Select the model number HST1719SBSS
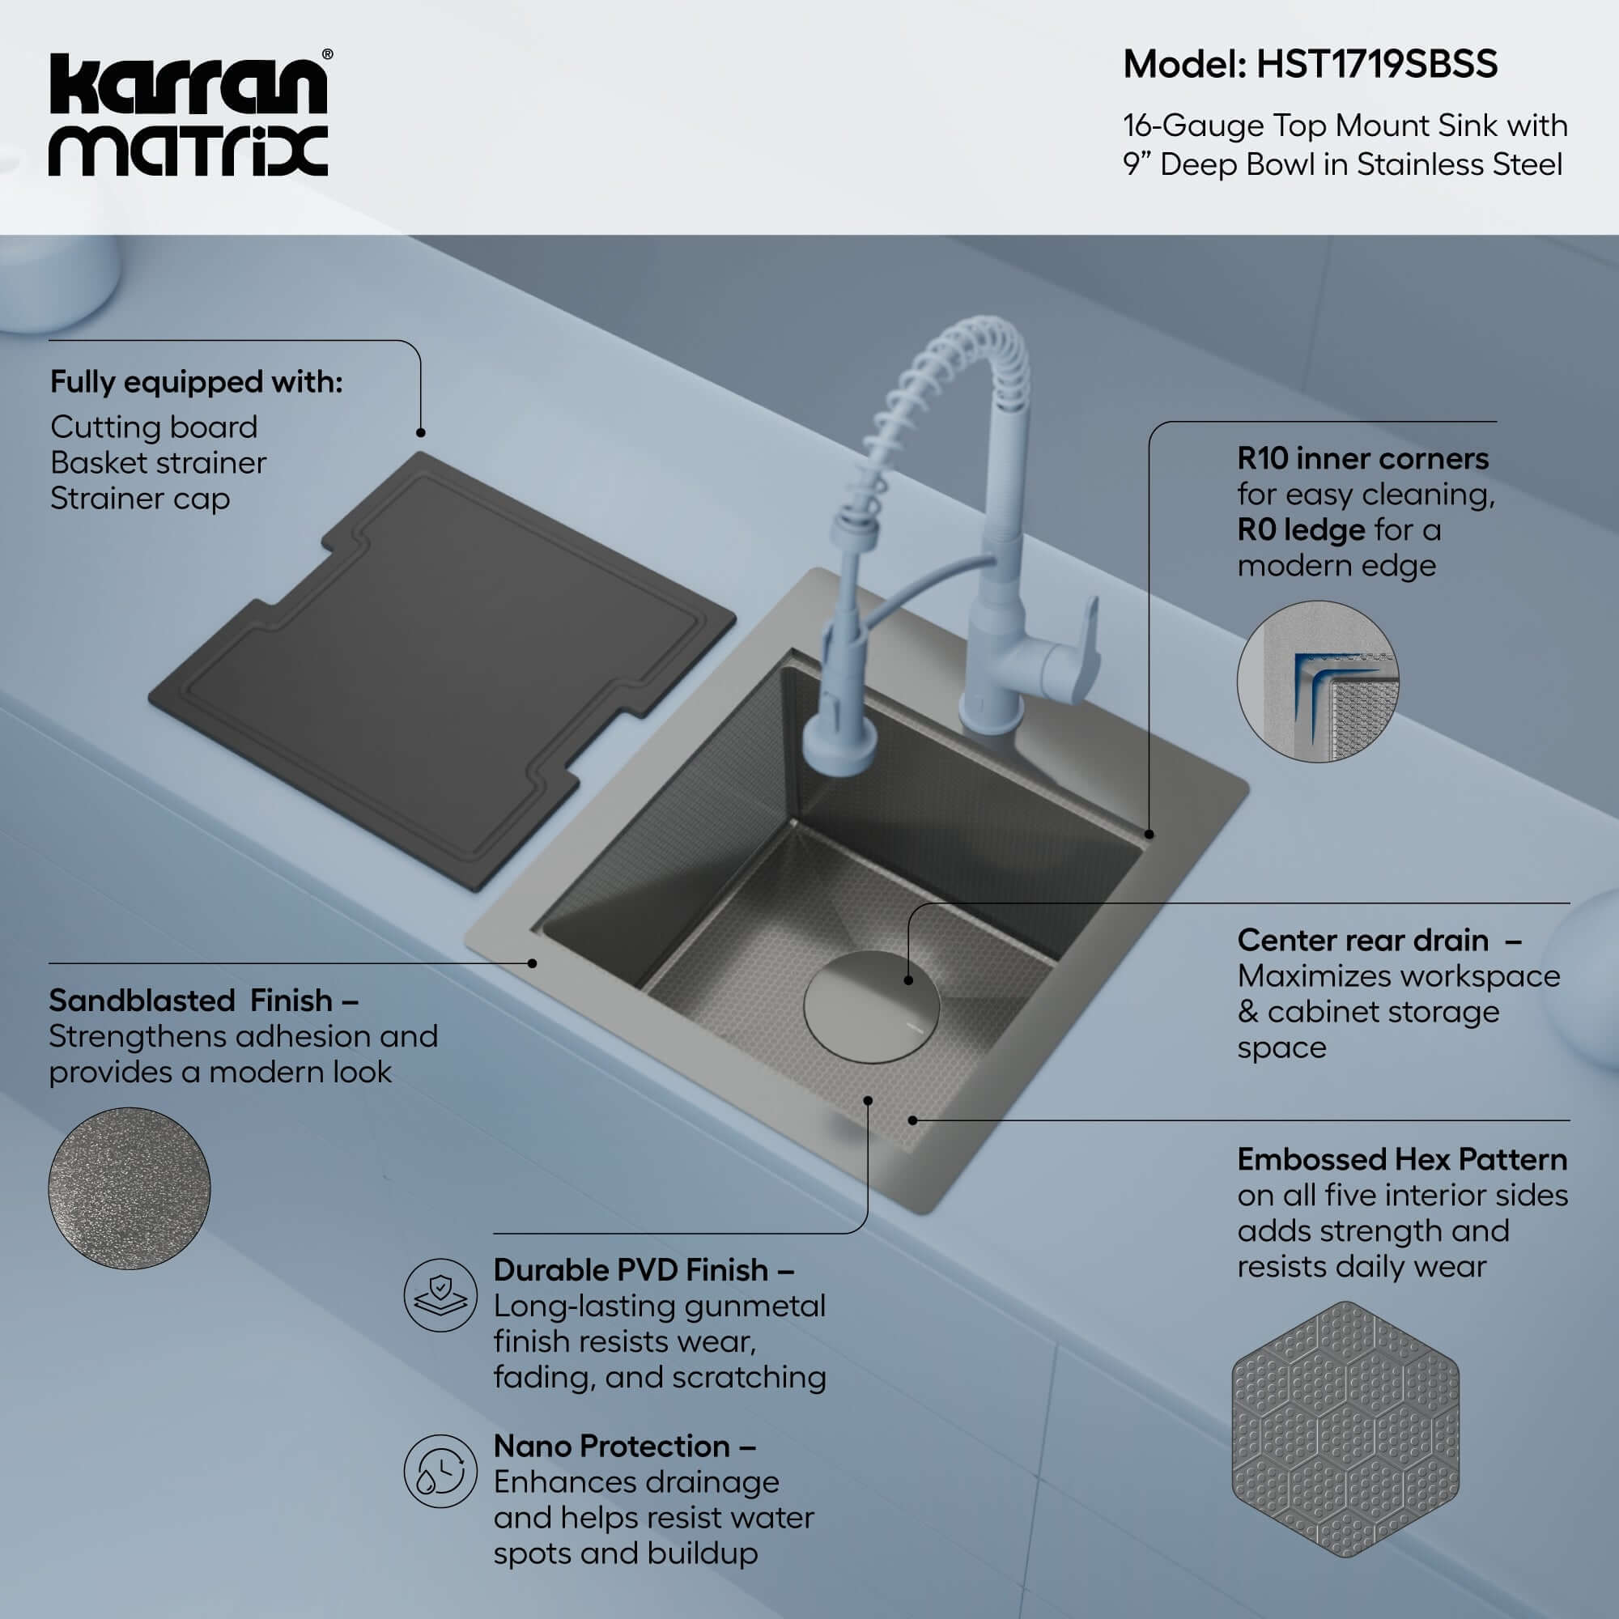point(1376,65)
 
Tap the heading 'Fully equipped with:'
point(196,382)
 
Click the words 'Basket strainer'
point(158,462)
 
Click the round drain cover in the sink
point(872,1006)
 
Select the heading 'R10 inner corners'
point(1362,458)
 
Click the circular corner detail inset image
point(1317,682)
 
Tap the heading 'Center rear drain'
point(1362,940)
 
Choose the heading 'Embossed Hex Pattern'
point(1402,1159)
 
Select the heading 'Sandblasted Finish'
point(191,1000)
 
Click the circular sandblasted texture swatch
point(129,1188)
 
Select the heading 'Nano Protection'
point(611,1446)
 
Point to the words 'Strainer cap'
point(139,499)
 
